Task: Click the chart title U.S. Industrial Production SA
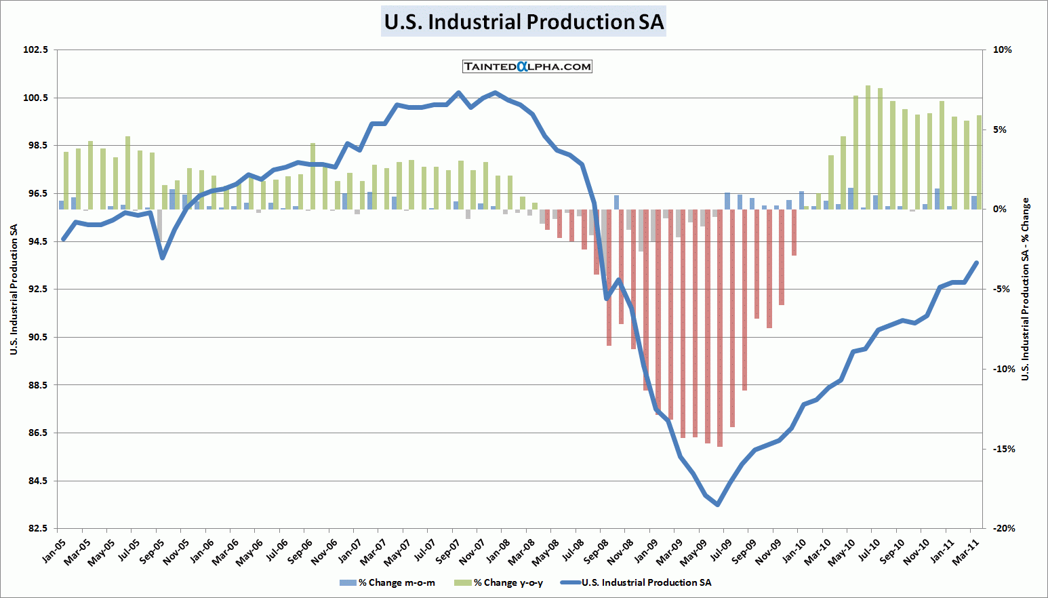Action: point(523,22)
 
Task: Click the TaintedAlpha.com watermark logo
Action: point(527,66)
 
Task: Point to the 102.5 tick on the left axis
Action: point(36,49)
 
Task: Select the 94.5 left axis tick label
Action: point(36,241)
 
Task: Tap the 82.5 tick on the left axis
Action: point(36,528)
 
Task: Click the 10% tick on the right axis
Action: point(1002,49)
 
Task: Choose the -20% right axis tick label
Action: point(1004,528)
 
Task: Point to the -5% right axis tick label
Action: point(1004,289)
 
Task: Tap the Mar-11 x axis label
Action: point(967,550)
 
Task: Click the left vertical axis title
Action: point(14,289)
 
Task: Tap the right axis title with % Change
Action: point(1026,289)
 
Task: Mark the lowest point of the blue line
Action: point(718,504)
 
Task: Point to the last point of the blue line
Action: point(977,262)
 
